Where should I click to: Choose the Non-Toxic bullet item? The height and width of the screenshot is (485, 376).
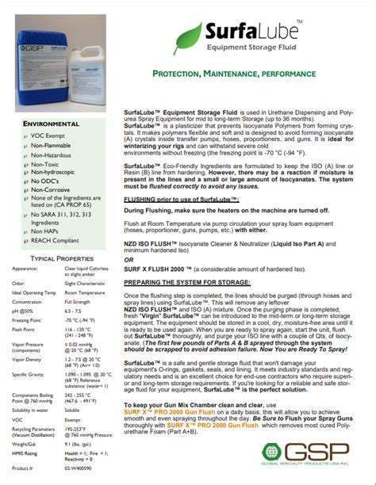tap(46, 170)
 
